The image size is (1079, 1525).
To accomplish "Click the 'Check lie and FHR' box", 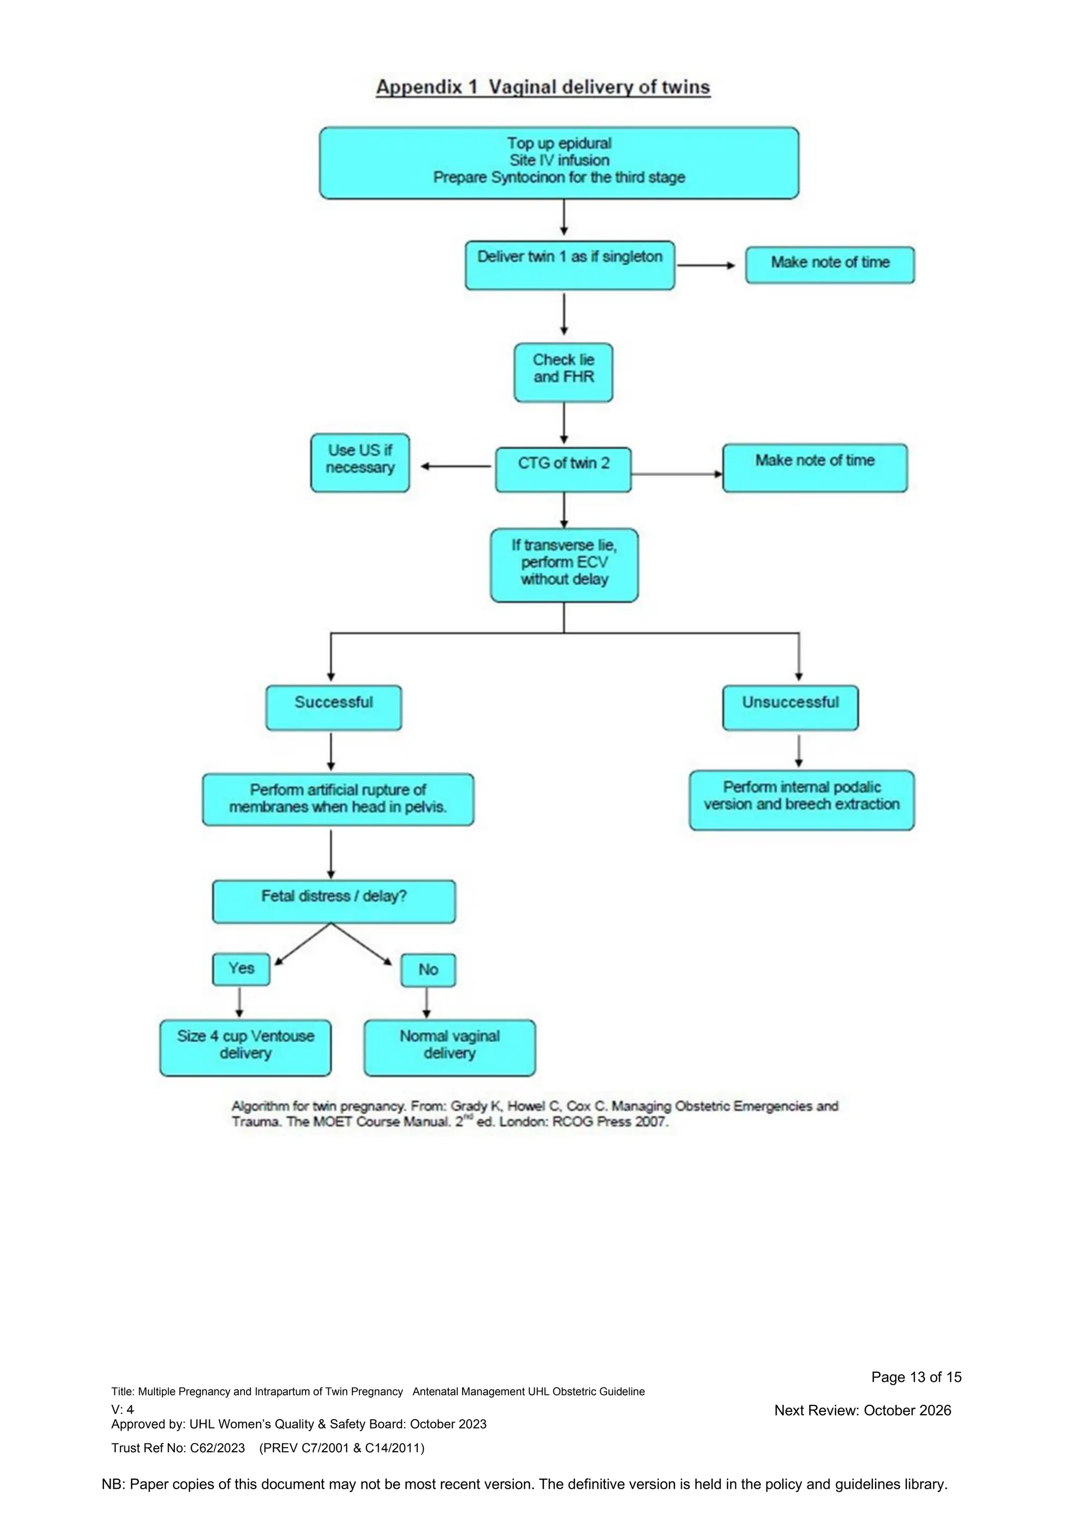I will [563, 372].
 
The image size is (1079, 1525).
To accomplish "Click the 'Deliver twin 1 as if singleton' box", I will [570, 265].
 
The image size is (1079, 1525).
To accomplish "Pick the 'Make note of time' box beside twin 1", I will [829, 264].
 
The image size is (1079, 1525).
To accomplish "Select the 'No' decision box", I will [428, 970].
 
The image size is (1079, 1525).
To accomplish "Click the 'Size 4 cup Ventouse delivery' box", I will [245, 1047].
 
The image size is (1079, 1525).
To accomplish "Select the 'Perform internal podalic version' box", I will [801, 800].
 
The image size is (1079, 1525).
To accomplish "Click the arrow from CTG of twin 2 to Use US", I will [455, 466].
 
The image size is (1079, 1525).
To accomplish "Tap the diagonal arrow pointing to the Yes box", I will [302, 944].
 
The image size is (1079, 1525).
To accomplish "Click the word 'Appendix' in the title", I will [418, 87].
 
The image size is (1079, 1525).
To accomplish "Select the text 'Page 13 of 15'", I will [916, 1377].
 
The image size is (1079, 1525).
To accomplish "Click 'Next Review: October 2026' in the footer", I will [862, 1410].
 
